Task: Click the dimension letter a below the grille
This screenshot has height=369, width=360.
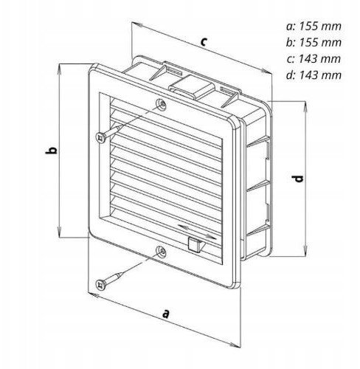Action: pyautogui.click(x=166, y=314)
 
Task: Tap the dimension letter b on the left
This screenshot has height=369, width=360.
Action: pyautogui.click(x=52, y=151)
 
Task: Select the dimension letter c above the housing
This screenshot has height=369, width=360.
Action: pyautogui.click(x=204, y=41)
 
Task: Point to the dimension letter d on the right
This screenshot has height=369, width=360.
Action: pyautogui.click(x=298, y=179)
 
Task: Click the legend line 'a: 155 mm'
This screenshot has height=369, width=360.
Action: pyautogui.click(x=314, y=27)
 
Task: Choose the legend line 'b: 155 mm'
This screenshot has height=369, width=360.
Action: pyautogui.click(x=314, y=42)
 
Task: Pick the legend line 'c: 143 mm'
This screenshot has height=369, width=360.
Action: pyautogui.click(x=314, y=59)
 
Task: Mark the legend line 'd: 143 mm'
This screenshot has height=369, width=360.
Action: pyautogui.click(x=314, y=75)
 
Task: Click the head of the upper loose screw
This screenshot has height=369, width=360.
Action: pyautogui.click(x=101, y=137)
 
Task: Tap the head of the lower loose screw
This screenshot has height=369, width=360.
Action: pyautogui.click(x=101, y=285)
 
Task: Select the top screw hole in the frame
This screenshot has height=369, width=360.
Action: pyautogui.click(x=162, y=104)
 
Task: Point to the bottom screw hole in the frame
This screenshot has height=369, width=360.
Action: pyautogui.click(x=162, y=252)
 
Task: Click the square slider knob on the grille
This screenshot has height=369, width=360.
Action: pyautogui.click(x=195, y=244)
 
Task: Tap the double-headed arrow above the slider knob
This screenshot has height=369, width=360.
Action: pyautogui.click(x=197, y=232)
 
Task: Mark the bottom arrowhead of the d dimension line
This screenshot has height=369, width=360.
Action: pyautogui.click(x=305, y=250)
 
